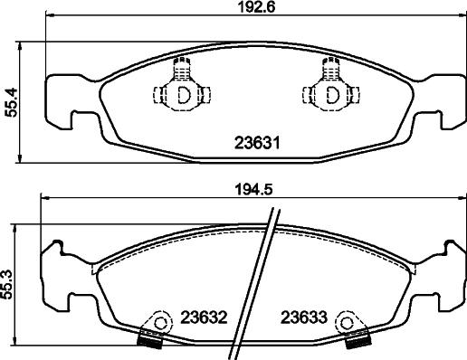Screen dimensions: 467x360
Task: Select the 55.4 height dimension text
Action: tap(11, 102)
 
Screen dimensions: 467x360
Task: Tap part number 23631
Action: tap(257, 143)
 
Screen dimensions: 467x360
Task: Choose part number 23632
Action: tap(204, 317)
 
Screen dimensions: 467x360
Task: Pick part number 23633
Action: tap(304, 317)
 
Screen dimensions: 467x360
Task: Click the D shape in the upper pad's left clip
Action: tap(184, 94)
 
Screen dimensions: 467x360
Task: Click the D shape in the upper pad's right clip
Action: tap(333, 94)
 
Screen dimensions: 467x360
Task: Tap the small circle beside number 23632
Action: tap(160, 323)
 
